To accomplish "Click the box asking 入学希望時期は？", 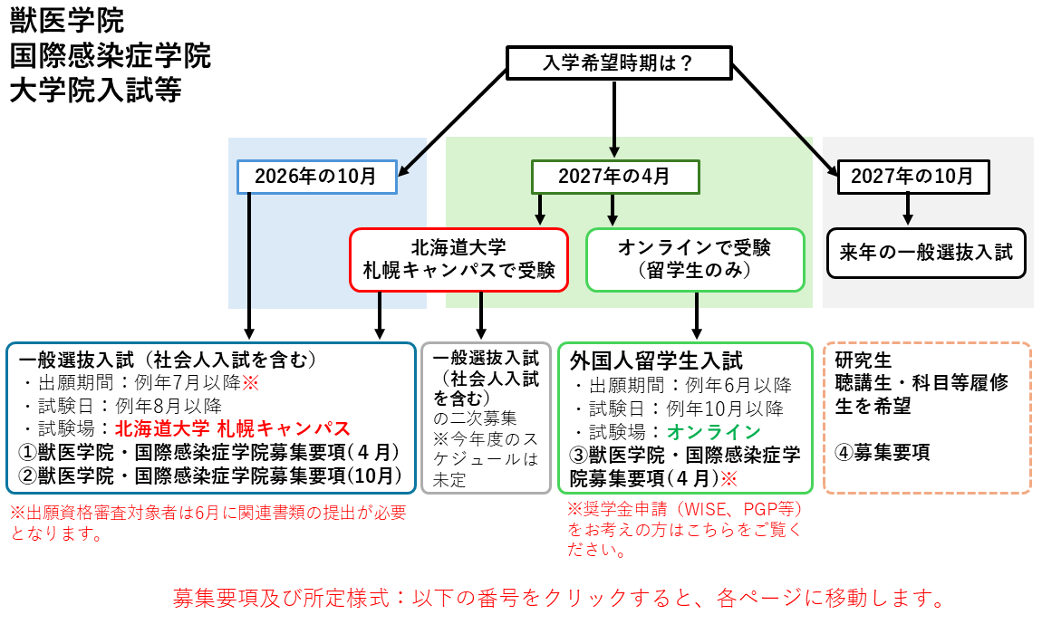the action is coord(619,63).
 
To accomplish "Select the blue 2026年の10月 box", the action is coord(317,177).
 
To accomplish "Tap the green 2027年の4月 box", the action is coord(615,177).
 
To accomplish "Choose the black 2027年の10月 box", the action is coord(913,177).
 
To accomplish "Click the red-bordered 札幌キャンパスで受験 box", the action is coord(458,260).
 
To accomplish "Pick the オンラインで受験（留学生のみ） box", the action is coord(695,260).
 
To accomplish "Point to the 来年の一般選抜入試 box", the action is coord(926,253).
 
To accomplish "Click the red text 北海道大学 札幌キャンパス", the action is coord(233,428).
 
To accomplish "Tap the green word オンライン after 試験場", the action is coord(714,432).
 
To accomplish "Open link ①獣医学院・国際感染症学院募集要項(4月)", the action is coord(208,453).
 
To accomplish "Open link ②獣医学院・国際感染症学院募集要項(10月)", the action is coord(210,475).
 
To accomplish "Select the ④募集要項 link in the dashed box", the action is coord(883,453).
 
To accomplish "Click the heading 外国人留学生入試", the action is coord(656,360).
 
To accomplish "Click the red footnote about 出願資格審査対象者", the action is coord(208,523).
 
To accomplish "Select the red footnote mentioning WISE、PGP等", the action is coord(685,530).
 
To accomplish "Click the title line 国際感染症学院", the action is coord(111,56).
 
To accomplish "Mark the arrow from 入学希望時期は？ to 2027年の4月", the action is coord(614,119).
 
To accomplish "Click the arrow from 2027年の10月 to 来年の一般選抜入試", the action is coord(908,209).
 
